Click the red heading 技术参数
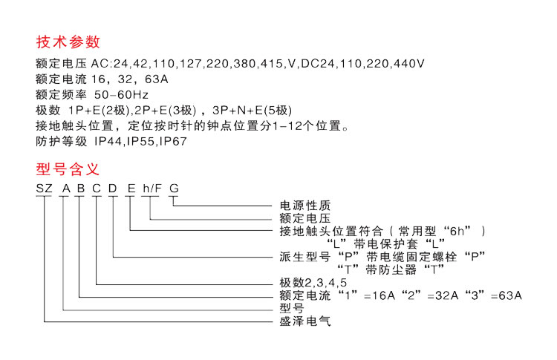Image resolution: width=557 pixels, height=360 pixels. (x=68, y=42)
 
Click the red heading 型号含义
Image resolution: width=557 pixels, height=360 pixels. (x=68, y=169)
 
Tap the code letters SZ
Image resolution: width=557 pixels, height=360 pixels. (x=44, y=189)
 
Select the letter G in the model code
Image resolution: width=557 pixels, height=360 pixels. (x=174, y=189)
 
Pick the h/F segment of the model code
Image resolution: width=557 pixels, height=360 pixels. (x=152, y=189)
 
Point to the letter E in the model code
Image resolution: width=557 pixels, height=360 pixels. (x=131, y=189)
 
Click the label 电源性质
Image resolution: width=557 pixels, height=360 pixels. (x=305, y=205)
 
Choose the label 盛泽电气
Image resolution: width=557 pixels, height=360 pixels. (x=305, y=321)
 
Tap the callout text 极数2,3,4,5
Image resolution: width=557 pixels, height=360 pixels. (x=313, y=283)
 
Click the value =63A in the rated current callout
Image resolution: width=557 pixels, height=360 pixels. (x=506, y=295)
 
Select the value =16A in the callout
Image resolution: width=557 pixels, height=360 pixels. (x=380, y=295)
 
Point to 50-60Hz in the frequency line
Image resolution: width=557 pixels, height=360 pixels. (x=121, y=95)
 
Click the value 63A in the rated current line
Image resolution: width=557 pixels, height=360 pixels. (x=156, y=79)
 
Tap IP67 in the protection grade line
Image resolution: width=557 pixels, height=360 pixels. (x=173, y=141)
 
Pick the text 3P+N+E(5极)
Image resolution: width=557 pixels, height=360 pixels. (x=252, y=111)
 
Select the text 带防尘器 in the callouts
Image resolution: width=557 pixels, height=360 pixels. (x=391, y=270)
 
